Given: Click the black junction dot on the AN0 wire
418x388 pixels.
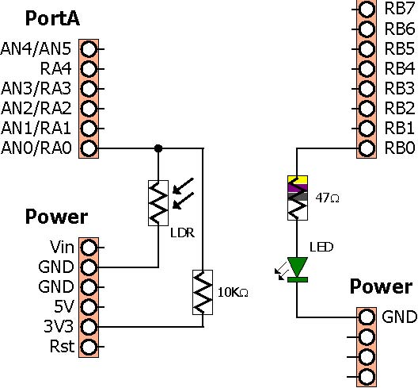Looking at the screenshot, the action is pyautogui.click(x=158, y=148).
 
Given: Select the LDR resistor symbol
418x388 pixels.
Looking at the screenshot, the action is pyautogui.click(x=158, y=203).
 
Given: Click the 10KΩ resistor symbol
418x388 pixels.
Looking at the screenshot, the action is pyautogui.click(x=203, y=292).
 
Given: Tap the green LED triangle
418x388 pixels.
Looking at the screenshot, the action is pyautogui.click(x=298, y=267).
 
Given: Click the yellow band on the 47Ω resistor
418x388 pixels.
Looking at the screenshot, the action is pyautogui.click(x=298, y=179).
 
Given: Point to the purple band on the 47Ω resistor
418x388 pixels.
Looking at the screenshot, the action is pyautogui.click(x=298, y=188).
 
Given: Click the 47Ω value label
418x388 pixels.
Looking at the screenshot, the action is pyautogui.click(x=327, y=198).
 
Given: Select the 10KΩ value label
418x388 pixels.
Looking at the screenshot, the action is pyautogui.click(x=233, y=293).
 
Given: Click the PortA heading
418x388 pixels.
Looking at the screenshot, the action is pyautogui.click(x=52, y=18).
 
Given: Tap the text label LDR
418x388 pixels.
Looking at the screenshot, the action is pyautogui.click(x=182, y=233).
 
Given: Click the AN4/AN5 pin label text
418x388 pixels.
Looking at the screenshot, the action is pyautogui.click(x=36, y=49).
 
